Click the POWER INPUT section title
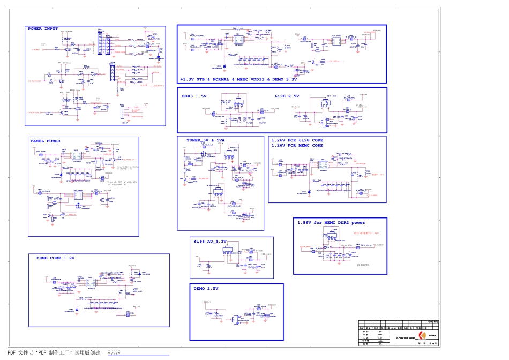43,29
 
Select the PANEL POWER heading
46,141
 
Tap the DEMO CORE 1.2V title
56,258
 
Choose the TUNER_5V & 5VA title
206,140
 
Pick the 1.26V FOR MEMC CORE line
297,146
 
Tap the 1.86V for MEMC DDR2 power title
331,222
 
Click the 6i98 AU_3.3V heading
211,241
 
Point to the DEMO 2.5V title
206,288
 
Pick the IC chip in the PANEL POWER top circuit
76,155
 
